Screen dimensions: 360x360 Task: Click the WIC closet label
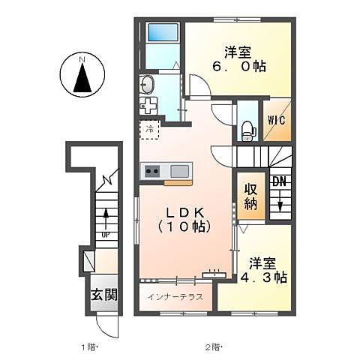(x=275, y=120)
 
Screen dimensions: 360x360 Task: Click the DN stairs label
(x=279, y=182)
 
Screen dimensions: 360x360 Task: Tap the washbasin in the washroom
(x=146, y=84)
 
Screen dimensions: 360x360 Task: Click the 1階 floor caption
(x=89, y=347)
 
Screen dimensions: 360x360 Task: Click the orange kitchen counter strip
(x=178, y=182)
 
